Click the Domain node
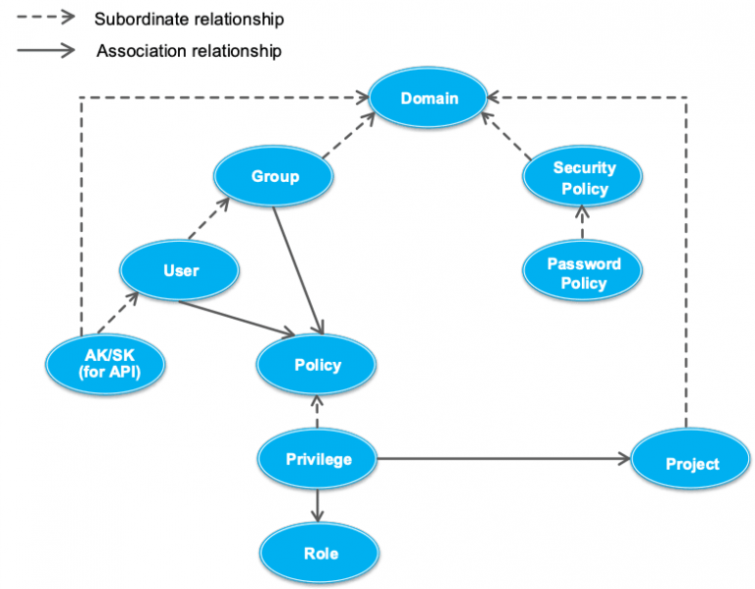(428, 98)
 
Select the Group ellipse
(274, 177)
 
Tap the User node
(180, 270)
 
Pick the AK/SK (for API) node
(106, 365)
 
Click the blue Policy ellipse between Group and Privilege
(317, 365)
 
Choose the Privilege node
(318, 459)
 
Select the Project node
(692, 463)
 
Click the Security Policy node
(583, 178)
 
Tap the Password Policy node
(583, 273)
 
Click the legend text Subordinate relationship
(190, 19)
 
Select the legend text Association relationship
(189, 50)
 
